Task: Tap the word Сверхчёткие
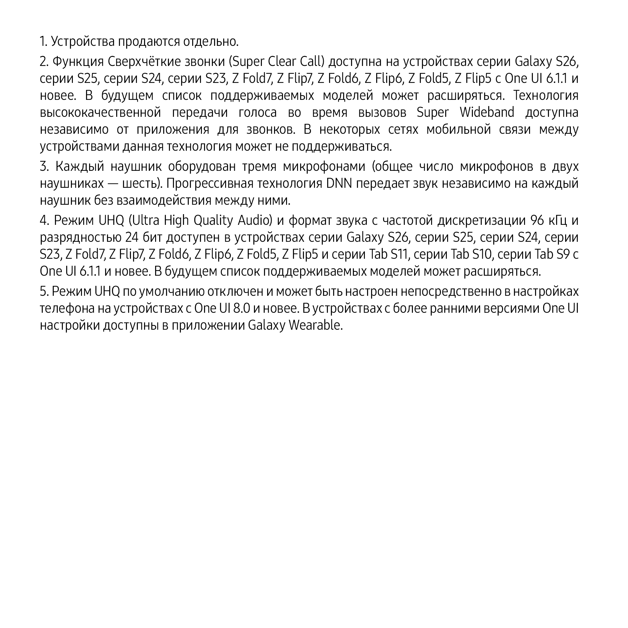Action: [144, 62]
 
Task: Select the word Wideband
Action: [487, 112]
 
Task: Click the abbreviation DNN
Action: [339, 184]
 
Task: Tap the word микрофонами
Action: [325, 167]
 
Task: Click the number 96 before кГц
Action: [537, 221]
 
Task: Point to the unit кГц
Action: [557, 221]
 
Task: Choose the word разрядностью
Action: [81, 238]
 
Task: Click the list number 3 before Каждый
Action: [44, 167]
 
